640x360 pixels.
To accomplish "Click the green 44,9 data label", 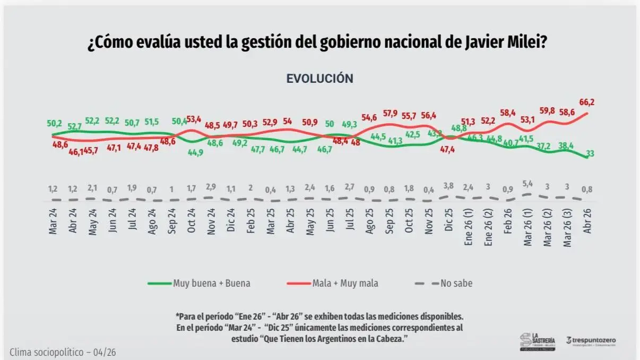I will (192, 154).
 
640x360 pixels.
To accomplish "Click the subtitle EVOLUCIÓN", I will (319, 79).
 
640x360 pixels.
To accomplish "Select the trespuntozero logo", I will (592, 341).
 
